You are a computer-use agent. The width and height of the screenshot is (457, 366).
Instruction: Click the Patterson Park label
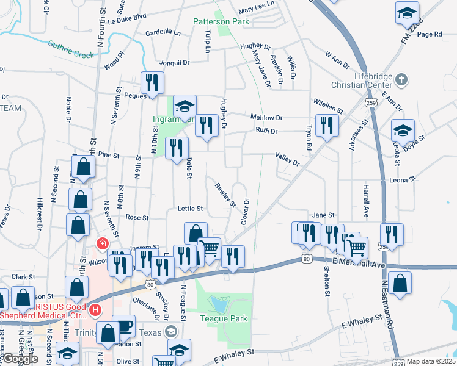213,21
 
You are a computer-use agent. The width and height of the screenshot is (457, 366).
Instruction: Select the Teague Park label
225,318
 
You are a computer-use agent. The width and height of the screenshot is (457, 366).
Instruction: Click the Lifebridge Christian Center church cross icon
401,79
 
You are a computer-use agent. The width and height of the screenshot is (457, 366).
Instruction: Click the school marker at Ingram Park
184,106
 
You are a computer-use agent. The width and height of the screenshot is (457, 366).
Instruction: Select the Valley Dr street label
287,159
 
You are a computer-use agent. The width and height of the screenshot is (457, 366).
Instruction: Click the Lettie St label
190,209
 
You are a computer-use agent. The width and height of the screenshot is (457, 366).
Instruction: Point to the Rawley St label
225,195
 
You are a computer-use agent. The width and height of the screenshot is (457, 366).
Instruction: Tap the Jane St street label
324,215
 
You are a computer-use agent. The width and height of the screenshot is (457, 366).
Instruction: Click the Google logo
21,359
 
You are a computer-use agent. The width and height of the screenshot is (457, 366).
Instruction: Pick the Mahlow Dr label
266,117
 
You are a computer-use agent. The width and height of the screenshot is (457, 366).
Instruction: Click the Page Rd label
430,34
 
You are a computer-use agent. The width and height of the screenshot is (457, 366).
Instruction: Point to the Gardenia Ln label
161,32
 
